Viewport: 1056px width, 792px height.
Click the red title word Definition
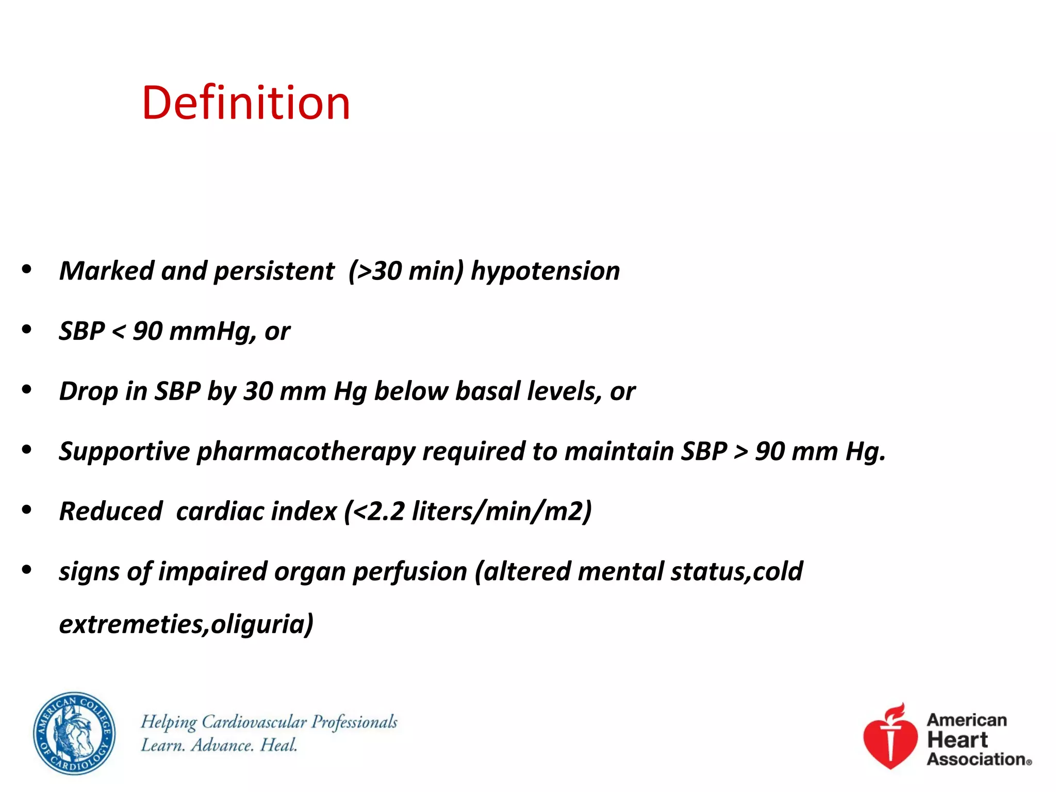click(x=246, y=103)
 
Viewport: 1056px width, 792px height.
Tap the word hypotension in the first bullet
click(x=545, y=271)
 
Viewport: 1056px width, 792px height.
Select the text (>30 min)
click(x=406, y=271)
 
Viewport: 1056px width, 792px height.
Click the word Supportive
click(x=124, y=452)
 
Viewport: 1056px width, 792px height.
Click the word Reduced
click(x=111, y=511)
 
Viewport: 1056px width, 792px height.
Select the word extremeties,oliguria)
click(x=186, y=624)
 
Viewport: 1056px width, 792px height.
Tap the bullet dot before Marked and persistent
click(x=27, y=269)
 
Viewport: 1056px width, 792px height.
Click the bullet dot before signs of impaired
click(x=27, y=570)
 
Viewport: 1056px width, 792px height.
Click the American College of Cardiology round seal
click(x=74, y=733)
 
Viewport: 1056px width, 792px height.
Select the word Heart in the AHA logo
click(x=957, y=740)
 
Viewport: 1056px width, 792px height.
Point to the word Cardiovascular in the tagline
click(x=254, y=722)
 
